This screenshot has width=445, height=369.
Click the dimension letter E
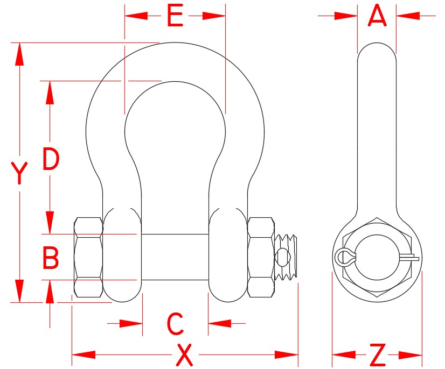[175, 16]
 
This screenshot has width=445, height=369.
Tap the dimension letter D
[51, 159]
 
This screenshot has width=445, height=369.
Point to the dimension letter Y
[19, 173]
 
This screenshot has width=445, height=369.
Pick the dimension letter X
[184, 355]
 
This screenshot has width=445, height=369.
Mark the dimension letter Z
[378, 355]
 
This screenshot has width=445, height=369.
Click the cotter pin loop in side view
[343, 257]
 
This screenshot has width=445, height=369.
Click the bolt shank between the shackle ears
[175, 257]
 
